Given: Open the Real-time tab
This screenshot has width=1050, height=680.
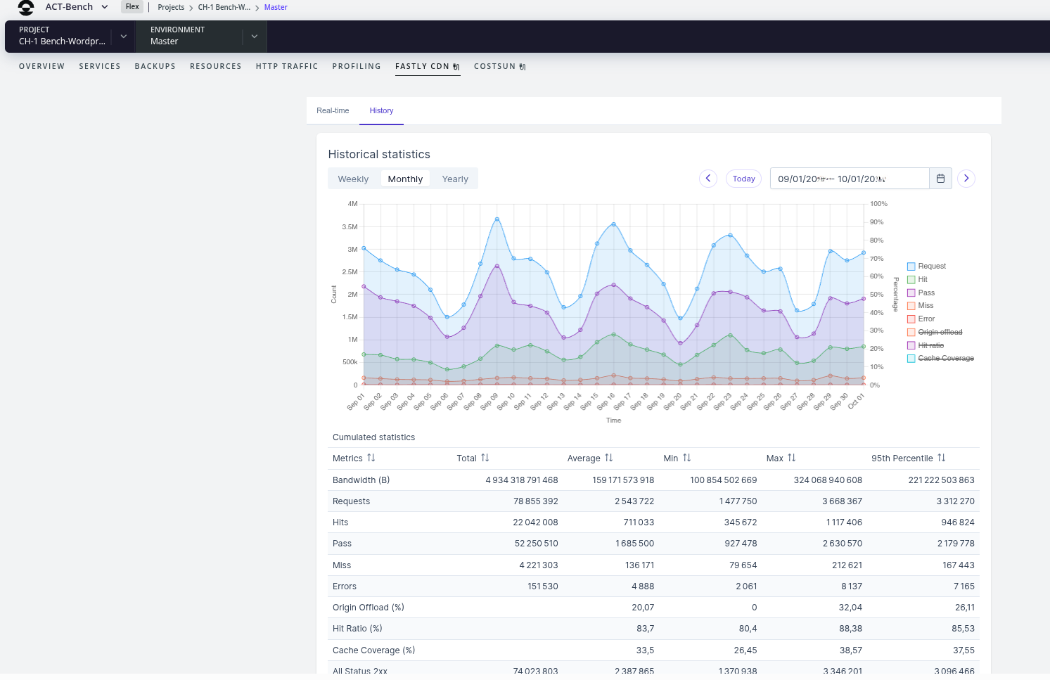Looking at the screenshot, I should [x=333, y=110].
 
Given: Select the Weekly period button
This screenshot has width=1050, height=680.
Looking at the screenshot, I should [x=353, y=179].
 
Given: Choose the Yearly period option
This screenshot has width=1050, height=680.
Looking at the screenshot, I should [x=455, y=179].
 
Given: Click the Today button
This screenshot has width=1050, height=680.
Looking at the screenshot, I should [x=743, y=179].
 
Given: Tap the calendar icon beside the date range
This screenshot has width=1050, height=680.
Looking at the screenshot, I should [x=940, y=179].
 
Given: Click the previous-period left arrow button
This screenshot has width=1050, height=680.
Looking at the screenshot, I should [x=708, y=179].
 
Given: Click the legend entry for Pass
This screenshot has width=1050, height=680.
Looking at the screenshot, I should [x=926, y=293].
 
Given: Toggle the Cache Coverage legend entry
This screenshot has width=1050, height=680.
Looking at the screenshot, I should [x=945, y=359].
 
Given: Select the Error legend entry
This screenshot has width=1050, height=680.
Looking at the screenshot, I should [x=926, y=319].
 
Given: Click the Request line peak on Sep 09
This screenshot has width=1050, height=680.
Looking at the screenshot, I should [x=497, y=219].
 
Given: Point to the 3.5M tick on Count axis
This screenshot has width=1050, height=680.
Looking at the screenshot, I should [x=350, y=227].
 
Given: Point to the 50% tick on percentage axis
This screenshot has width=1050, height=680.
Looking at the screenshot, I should [x=876, y=295].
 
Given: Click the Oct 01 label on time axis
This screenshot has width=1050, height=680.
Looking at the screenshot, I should [x=856, y=402].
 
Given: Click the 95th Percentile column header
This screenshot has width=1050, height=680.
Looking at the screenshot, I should [x=902, y=458].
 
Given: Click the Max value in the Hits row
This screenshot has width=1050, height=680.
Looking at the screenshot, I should [x=843, y=522].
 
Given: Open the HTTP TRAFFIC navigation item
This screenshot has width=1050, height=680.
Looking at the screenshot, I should [x=287, y=66].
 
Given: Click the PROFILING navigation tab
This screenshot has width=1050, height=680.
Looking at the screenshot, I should [x=357, y=66].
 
